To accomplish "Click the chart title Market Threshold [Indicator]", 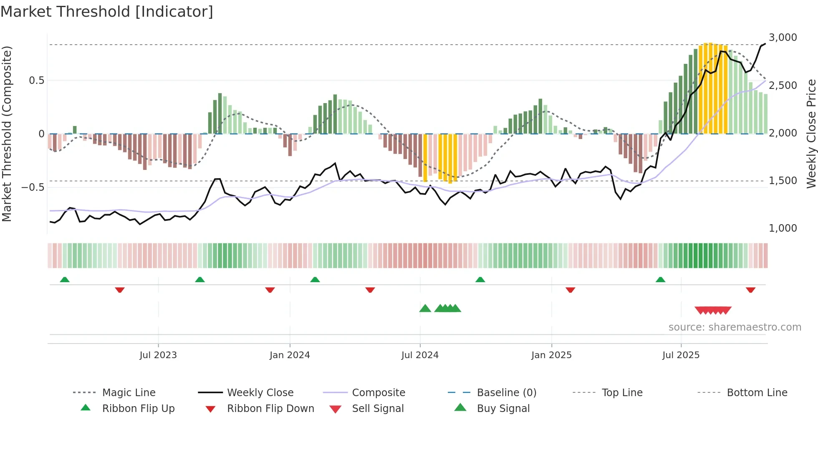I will [107, 12].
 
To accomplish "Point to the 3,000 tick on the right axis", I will [783, 38].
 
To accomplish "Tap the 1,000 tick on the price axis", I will [783, 228].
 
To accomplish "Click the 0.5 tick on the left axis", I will [36, 81].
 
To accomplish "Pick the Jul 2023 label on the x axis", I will [158, 355].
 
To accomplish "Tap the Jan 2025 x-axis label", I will [551, 355].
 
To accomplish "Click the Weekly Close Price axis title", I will [811, 134].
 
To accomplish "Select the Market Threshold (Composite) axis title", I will [7, 134].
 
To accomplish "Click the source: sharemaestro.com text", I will [735, 327].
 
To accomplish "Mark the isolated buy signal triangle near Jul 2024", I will [425, 308].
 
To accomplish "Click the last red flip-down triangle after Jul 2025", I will [750, 290].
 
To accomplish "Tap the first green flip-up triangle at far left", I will [65, 280].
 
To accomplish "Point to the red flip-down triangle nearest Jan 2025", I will [570, 290].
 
